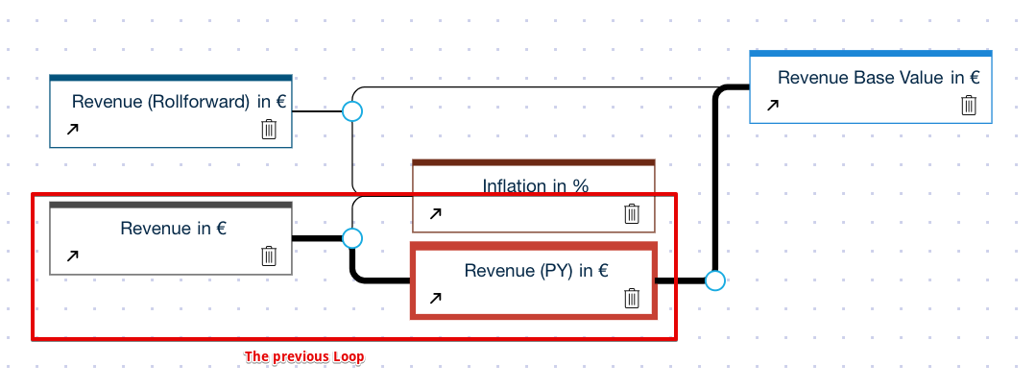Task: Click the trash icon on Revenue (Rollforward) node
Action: (269, 129)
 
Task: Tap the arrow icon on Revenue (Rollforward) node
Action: (71, 129)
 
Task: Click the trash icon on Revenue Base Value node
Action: (969, 105)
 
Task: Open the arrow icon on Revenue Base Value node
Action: (772, 106)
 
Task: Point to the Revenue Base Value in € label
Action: (879, 78)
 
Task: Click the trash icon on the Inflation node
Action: (632, 213)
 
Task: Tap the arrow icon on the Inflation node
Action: (435, 213)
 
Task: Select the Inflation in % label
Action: (535, 186)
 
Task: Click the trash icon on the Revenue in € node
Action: (269, 255)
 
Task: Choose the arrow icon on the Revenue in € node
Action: (71, 255)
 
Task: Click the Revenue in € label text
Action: (173, 229)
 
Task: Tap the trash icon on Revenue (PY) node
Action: (632, 298)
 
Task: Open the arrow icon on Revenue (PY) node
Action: (435, 298)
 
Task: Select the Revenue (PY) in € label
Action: (536, 271)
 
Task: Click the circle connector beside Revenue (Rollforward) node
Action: (352, 111)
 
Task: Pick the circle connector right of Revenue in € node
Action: (352, 237)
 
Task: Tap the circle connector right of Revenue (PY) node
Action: (714, 280)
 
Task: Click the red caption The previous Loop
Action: (304, 356)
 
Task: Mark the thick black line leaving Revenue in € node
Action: (317, 237)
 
